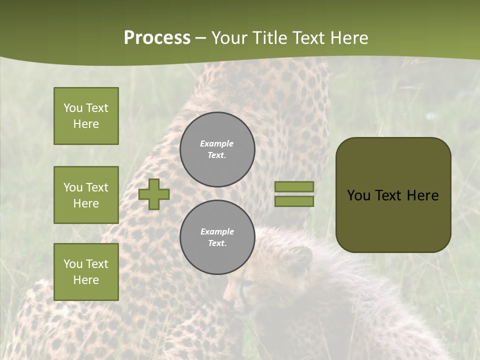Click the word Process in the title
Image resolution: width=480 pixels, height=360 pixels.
(157, 38)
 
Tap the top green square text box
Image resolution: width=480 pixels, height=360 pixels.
(86, 116)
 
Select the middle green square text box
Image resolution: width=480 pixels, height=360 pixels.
(86, 195)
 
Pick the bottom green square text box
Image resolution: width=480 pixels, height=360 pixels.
(86, 271)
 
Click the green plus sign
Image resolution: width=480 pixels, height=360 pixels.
(154, 194)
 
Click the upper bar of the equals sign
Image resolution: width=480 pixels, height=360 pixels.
(294, 187)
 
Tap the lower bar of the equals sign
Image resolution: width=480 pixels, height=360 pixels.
(294, 201)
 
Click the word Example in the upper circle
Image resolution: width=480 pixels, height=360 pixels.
(217, 143)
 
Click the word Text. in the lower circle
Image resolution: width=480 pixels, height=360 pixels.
(217, 243)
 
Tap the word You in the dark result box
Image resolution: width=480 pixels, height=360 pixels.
(358, 195)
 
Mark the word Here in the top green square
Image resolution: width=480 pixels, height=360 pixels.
(86, 124)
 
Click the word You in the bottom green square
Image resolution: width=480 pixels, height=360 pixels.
(73, 264)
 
